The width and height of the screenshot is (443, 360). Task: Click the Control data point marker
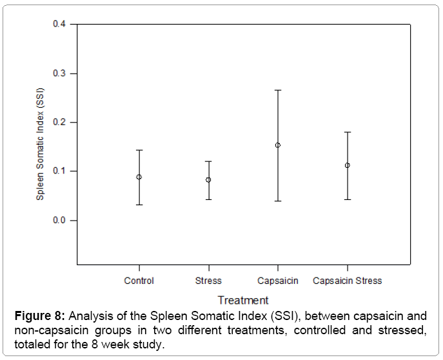click(x=139, y=177)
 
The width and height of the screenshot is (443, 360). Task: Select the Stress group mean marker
click(x=208, y=180)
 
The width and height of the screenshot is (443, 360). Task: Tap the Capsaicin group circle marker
click(x=278, y=145)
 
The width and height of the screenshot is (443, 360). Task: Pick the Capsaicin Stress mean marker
click(x=347, y=165)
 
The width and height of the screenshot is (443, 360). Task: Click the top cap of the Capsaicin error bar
click(x=278, y=90)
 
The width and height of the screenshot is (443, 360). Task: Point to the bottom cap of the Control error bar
click(x=139, y=205)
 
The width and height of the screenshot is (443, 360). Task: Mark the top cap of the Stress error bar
click(x=208, y=161)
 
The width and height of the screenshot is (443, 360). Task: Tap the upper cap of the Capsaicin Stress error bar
click(x=347, y=132)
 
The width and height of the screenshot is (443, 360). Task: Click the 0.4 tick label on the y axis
click(x=59, y=25)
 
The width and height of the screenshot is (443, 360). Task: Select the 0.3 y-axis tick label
click(x=59, y=74)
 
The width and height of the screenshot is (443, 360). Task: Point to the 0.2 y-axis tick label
click(x=59, y=122)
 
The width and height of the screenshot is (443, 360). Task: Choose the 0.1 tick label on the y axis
click(x=59, y=171)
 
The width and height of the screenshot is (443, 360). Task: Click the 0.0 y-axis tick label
click(x=59, y=220)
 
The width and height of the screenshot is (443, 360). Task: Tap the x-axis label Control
click(x=139, y=281)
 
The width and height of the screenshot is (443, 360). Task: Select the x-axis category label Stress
click(x=208, y=281)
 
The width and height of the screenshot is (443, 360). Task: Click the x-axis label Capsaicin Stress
click(x=347, y=281)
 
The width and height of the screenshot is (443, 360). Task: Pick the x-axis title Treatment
click(x=242, y=300)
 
